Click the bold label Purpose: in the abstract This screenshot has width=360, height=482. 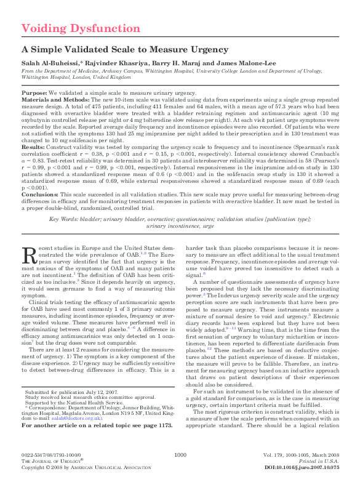click(x=35, y=92)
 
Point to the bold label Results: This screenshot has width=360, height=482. click(x=33, y=148)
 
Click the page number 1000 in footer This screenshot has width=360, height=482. click(x=180, y=454)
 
